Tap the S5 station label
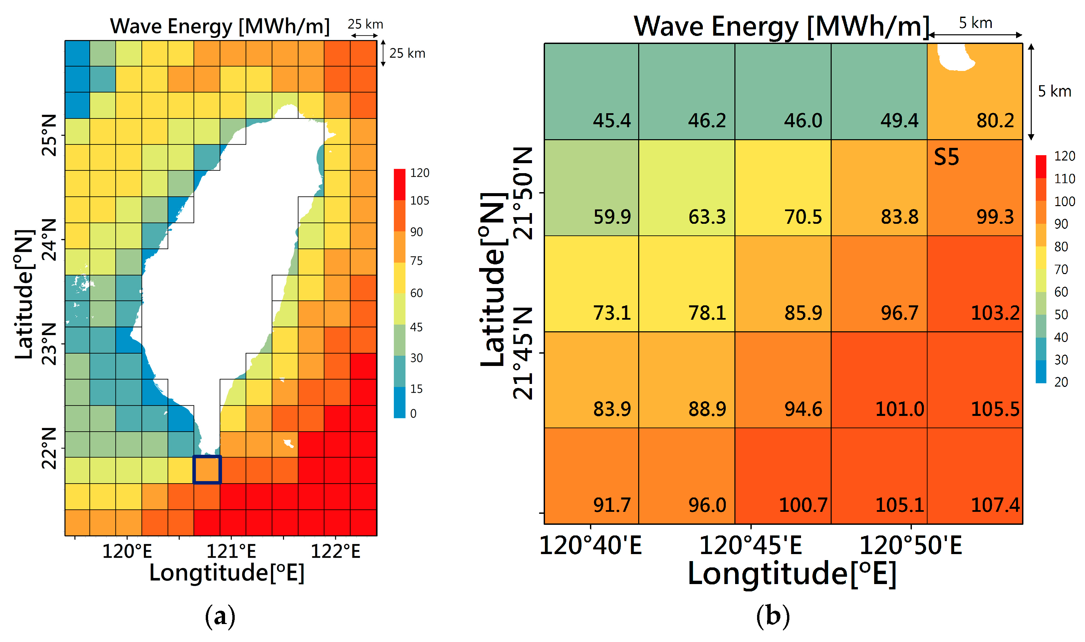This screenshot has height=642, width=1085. [946, 157]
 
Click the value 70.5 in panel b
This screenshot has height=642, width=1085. [803, 217]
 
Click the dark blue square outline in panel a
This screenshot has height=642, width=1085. [207, 470]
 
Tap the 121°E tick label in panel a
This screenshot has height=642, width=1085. [231, 551]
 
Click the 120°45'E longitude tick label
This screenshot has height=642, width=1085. [750, 545]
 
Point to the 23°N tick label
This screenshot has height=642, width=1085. [49, 344]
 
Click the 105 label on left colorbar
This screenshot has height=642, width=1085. [419, 201]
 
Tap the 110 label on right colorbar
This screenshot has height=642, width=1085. [1064, 179]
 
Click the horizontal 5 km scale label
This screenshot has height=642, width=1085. [975, 23]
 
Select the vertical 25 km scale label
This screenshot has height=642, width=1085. [407, 53]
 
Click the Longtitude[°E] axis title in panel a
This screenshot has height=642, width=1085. [227, 573]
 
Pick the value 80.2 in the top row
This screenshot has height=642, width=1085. [995, 121]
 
